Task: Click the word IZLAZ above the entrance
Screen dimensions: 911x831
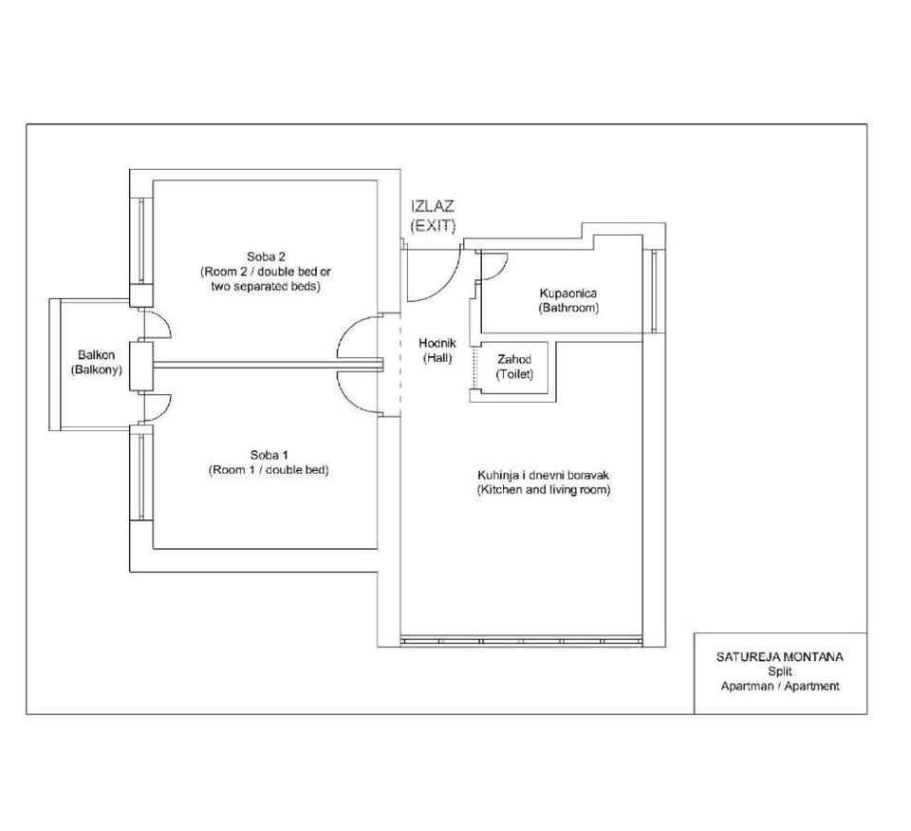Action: pyautogui.click(x=433, y=206)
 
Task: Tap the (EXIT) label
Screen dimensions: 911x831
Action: pyautogui.click(x=433, y=226)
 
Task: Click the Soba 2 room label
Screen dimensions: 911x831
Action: pyautogui.click(x=266, y=256)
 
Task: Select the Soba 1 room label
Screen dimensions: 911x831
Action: pyautogui.click(x=269, y=455)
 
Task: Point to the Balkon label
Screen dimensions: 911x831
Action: pyautogui.click(x=97, y=355)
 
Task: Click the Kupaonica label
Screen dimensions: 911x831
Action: pyautogui.click(x=568, y=293)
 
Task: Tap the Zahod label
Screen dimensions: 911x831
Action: pyautogui.click(x=514, y=359)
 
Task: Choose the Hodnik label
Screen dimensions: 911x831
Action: pyautogui.click(x=437, y=343)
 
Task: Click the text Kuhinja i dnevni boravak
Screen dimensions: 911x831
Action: pyautogui.click(x=543, y=475)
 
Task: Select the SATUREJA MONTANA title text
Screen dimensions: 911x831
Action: pyautogui.click(x=779, y=657)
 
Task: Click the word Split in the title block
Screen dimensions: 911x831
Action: pyautogui.click(x=780, y=671)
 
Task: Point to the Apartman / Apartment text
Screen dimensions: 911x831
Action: pyautogui.click(x=780, y=687)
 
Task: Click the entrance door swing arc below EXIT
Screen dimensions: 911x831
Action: pyautogui.click(x=448, y=286)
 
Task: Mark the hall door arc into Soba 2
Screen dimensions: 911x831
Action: pyautogui.click(x=348, y=329)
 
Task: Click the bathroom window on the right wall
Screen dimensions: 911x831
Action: pyautogui.click(x=654, y=291)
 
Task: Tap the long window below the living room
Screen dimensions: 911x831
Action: pyautogui.click(x=522, y=641)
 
